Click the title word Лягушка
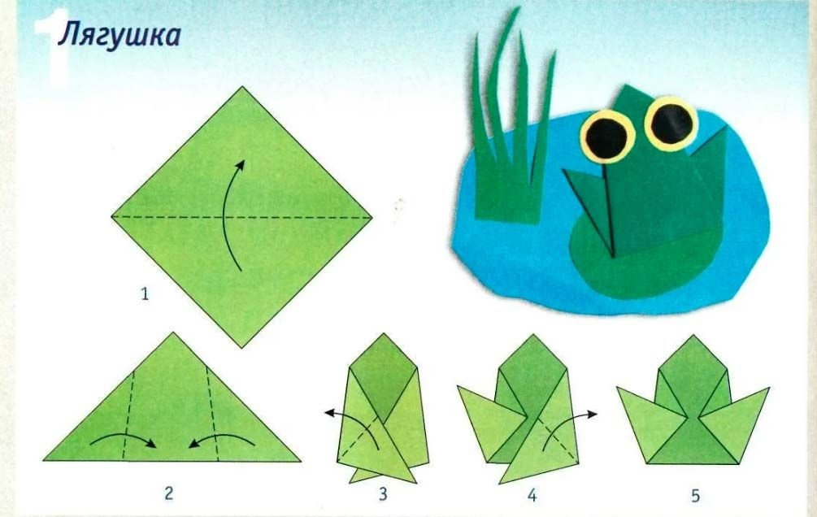pos(120,36)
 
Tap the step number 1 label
pos(145,294)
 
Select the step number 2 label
pos(168,493)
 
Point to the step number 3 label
pos(383,494)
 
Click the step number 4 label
pos(532,494)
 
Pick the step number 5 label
pos(695,495)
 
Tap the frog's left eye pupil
pos(606,137)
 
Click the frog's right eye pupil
pos(671,124)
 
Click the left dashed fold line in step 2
pos(129,415)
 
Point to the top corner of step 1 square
pos(242,87)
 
